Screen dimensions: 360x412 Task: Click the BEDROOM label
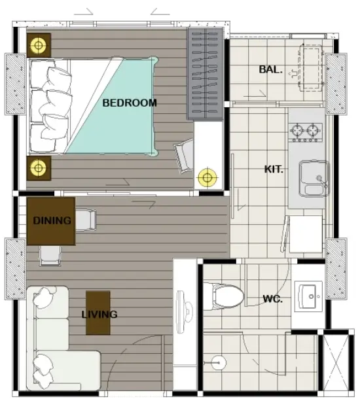pyautogui.click(x=130, y=103)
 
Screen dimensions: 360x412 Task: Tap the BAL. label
pyautogui.click(x=270, y=69)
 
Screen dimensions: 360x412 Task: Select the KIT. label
pyautogui.click(x=274, y=169)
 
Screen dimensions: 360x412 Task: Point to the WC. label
pyautogui.click(x=273, y=299)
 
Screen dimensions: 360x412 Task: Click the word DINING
pyautogui.click(x=52, y=220)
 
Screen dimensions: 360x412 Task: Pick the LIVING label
pyautogui.click(x=99, y=315)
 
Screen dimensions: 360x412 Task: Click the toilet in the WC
pyautogui.click(x=223, y=296)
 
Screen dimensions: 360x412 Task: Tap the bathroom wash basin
pyautogui.click(x=308, y=296)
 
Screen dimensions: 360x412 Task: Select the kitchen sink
pyautogui.click(x=314, y=179)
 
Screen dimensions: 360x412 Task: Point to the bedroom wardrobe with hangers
pyautogui.click(x=205, y=73)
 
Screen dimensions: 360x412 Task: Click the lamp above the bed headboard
pyautogui.click(x=39, y=45)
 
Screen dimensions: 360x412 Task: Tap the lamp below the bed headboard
pyautogui.click(x=39, y=168)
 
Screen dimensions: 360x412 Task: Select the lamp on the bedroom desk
pyautogui.click(x=207, y=178)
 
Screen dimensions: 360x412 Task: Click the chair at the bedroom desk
pyautogui.click(x=184, y=156)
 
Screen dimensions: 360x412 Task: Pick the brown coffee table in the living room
pyautogui.click(x=98, y=313)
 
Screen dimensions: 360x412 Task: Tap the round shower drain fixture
pyautogui.click(x=218, y=362)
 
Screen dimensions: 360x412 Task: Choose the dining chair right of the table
pyautogui.click(x=86, y=220)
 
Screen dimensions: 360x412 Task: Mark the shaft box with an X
pyautogui.click(x=336, y=363)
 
